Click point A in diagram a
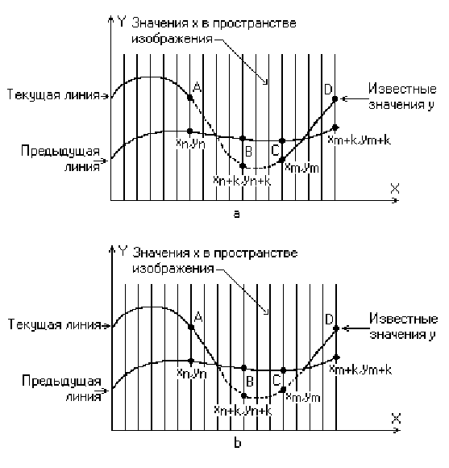[x=190, y=98]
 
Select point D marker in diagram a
[x=335, y=98]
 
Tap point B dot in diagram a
[x=243, y=165]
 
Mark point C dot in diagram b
[x=283, y=389]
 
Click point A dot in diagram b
[x=191, y=327]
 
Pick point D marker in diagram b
[x=336, y=328]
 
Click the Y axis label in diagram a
[x=122, y=22]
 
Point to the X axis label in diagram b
[x=396, y=419]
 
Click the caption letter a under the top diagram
[x=236, y=214]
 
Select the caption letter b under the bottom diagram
[x=237, y=443]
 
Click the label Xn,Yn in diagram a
[x=190, y=144]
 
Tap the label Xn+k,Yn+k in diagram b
[x=243, y=411]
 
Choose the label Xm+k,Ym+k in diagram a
[x=359, y=140]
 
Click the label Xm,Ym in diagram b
[x=303, y=397]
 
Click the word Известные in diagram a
[x=402, y=89]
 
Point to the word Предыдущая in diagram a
[x=60, y=152]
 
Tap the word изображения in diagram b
[x=173, y=269]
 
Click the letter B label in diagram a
[x=248, y=152]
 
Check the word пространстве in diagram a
[x=254, y=23]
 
